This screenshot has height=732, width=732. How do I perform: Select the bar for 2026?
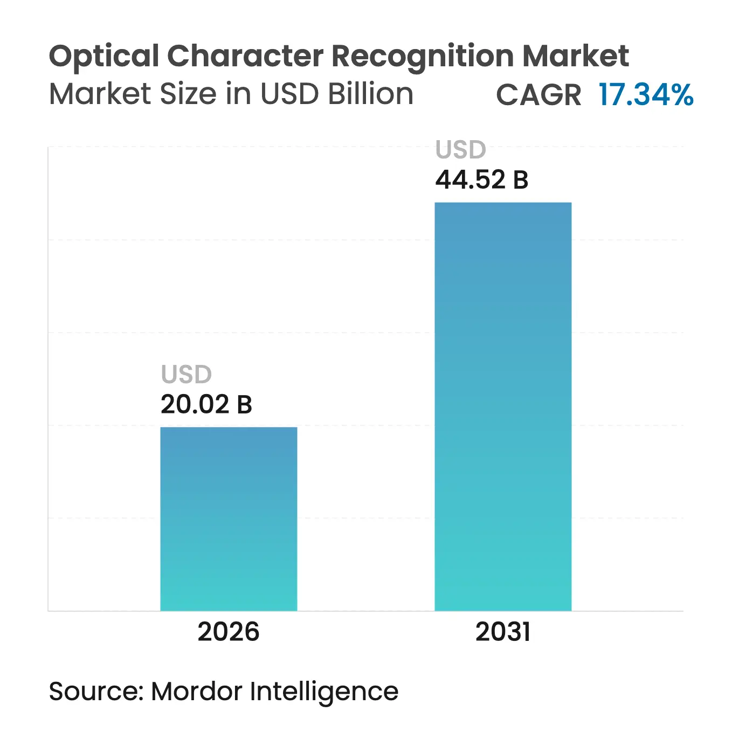coord(229,519)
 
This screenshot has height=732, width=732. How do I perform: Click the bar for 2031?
coord(503,406)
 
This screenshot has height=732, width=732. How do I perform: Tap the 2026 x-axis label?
coord(229,632)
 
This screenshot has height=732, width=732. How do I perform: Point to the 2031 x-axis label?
coord(503,632)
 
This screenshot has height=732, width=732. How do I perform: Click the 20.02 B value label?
coord(206,404)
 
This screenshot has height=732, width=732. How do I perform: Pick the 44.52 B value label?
coord(482,179)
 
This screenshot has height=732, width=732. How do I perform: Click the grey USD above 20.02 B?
coord(186,374)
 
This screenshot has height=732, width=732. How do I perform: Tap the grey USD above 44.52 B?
coord(461,149)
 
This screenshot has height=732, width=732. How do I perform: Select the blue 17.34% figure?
coord(646,94)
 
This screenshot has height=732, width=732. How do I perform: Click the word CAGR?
coord(538,95)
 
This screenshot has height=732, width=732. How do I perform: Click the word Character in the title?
coord(245,56)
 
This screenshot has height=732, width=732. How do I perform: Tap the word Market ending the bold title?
coord(576,56)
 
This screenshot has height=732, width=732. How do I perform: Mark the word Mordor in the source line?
coord(196,691)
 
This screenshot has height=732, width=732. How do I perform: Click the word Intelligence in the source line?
coord(324,692)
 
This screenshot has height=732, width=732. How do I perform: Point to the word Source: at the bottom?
coord(96,691)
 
